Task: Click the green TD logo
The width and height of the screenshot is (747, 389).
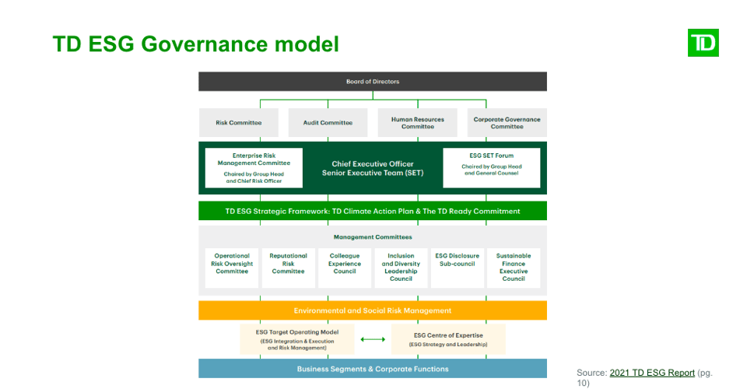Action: point(703,43)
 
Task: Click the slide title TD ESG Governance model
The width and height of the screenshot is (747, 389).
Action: point(195,44)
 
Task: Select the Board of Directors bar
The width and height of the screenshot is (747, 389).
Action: point(372,82)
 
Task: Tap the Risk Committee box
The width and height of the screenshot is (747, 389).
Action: point(238,123)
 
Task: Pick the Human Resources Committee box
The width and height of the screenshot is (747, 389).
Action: point(417,123)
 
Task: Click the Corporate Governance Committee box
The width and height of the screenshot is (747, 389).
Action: point(507,123)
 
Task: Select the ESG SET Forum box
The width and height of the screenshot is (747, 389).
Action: point(491,168)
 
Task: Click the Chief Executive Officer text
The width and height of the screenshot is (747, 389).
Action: point(373,164)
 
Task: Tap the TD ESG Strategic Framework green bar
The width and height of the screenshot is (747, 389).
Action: point(372,211)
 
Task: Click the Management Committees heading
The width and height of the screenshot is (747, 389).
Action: point(373,237)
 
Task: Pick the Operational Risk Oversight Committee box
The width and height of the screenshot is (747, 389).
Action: point(232,268)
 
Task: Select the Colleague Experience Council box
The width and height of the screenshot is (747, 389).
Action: point(345,268)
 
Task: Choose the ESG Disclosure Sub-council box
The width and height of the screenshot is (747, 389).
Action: point(457,268)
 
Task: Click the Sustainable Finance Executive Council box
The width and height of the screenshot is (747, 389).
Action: point(513,268)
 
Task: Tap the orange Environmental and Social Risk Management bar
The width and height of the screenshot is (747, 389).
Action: point(372,310)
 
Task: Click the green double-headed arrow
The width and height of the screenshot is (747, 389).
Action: point(373,339)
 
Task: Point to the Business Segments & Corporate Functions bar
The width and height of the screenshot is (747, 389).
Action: point(372,369)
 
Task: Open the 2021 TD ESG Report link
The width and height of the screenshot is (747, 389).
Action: point(652,373)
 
